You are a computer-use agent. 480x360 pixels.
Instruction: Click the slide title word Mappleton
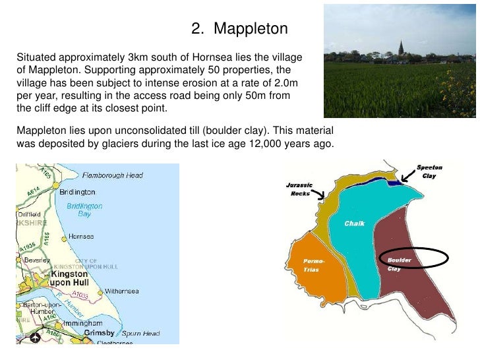[x=251, y=29]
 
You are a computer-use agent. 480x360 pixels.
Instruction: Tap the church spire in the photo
[x=401, y=48]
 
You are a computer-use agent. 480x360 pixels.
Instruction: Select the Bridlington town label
[x=77, y=192]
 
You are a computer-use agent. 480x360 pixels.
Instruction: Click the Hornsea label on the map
[x=80, y=236]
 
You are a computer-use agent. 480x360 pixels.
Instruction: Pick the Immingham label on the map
[x=81, y=324]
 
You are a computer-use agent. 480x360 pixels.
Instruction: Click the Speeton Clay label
[x=430, y=173]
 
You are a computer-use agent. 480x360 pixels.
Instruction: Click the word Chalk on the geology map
[x=355, y=224]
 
